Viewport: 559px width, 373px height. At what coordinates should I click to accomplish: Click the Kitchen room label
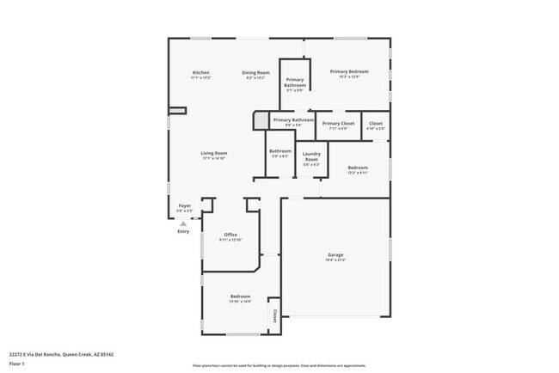pyautogui.click(x=200, y=72)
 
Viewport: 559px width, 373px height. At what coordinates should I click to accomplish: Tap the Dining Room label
pyautogui.click(x=255, y=72)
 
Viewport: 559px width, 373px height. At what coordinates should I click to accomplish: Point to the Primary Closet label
pyautogui.click(x=338, y=124)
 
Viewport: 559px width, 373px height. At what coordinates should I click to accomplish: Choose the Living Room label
pyautogui.click(x=214, y=153)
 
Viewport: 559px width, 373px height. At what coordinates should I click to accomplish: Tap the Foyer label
pyautogui.click(x=184, y=206)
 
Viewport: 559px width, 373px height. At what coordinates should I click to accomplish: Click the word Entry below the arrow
pyautogui.click(x=183, y=231)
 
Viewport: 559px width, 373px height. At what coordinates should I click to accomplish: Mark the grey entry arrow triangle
pyautogui.click(x=183, y=223)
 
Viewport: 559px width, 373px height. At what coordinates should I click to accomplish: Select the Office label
pyautogui.click(x=230, y=235)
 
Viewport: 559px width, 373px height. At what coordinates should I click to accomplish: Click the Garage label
pyautogui.click(x=335, y=254)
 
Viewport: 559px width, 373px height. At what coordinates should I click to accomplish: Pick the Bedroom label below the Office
pyautogui.click(x=240, y=296)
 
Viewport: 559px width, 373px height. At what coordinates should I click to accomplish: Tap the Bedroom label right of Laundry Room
pyautogui.click(x=358, y=168)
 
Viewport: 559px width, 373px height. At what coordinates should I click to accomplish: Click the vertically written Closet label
pyautogui.click(x=274, y=316)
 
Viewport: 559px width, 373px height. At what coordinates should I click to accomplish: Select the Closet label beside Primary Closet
pyautogui.click(x=376, y=124)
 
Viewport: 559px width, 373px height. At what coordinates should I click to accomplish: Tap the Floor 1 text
pyautogui.click(x=16, y=364)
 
